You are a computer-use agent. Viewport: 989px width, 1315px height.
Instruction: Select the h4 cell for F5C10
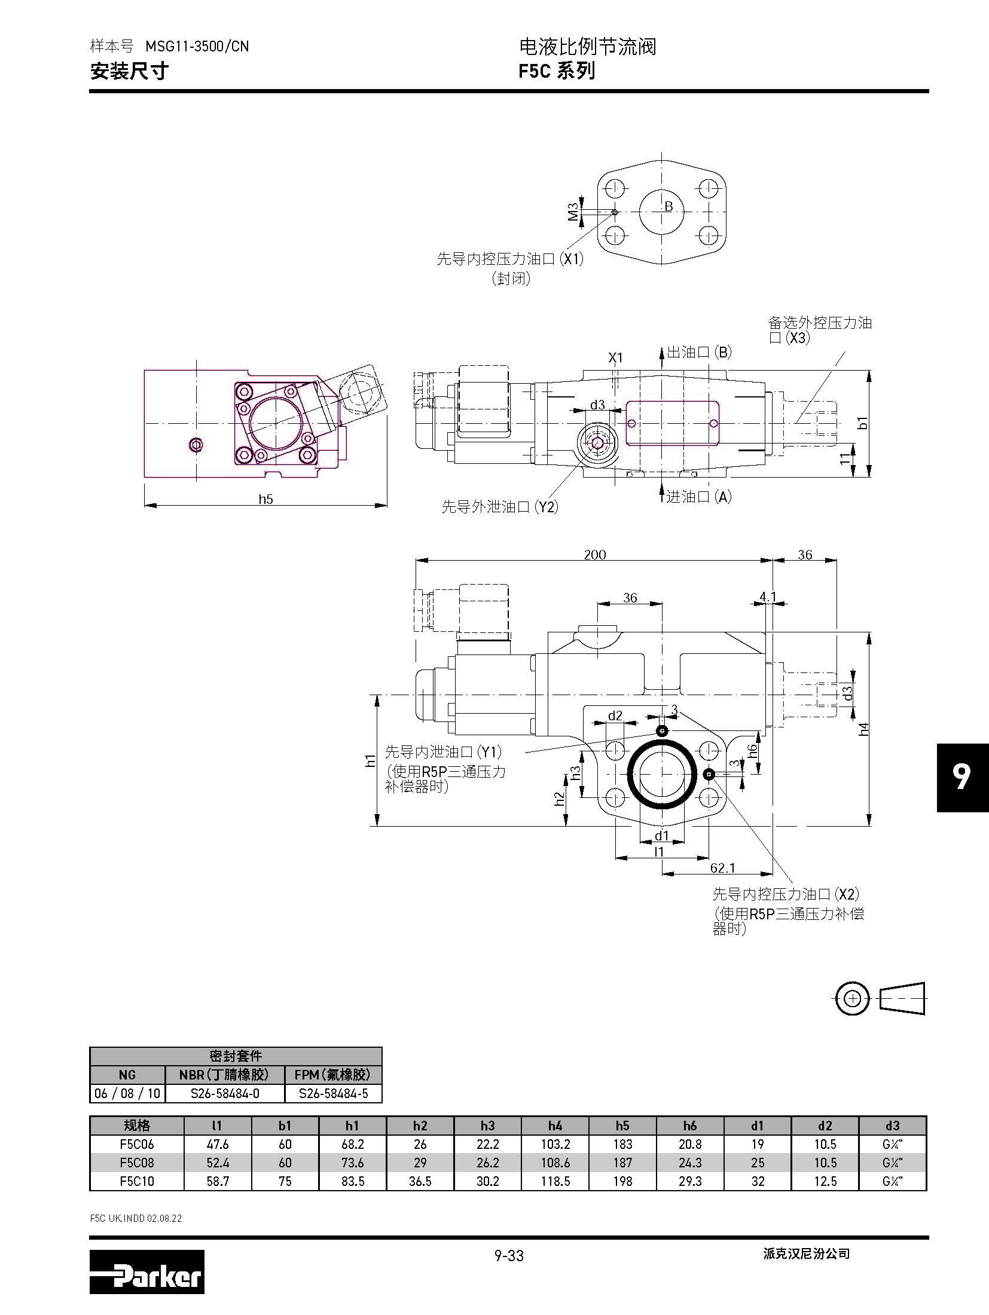[555, 1181]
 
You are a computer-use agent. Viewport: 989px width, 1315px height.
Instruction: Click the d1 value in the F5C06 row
[758, 1144]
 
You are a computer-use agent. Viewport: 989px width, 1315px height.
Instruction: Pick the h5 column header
[622, 1126]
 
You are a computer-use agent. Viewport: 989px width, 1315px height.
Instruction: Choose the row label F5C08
[137, 1163]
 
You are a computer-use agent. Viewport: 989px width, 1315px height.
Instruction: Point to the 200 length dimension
[595, 555]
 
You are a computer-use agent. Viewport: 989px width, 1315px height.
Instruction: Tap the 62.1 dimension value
[722, 868]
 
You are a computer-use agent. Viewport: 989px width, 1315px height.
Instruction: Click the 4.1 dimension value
[768, 596]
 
